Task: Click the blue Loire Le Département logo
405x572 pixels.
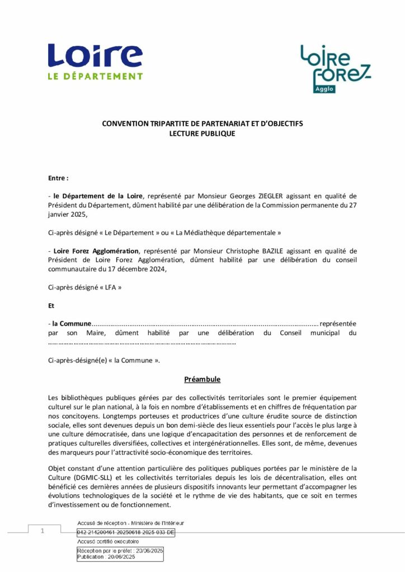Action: [95, 62]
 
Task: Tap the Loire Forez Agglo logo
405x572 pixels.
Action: [335, 68]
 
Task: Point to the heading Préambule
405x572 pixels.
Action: [202, 380]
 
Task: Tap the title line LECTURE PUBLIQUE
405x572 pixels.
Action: [202, 134]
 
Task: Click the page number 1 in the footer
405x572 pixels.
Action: [42, 531]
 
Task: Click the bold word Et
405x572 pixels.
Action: [51, 306]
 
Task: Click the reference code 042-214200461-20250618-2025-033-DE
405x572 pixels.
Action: [126, 532]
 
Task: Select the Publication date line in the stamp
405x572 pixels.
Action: [106, 557]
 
